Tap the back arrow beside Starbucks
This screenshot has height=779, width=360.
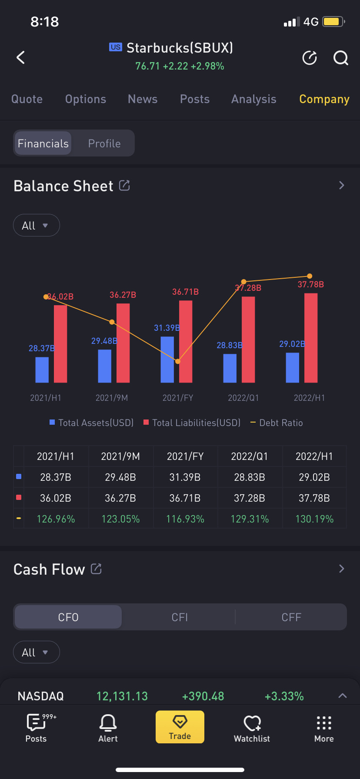pos(20,57)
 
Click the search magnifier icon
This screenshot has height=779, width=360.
pos(340,58)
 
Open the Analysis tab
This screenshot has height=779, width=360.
pos(253,99)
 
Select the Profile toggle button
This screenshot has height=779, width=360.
pos(104,143)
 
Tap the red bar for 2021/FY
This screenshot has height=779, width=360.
pos(186,341)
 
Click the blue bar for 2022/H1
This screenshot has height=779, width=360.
pos(292,367)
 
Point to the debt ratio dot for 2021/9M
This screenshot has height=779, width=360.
pos(112,322)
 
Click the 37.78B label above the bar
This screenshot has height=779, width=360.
pos(310,284)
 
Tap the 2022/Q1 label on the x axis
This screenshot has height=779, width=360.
pos(243,398)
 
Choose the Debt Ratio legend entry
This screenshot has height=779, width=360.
pos(277,423)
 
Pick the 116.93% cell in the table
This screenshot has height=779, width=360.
pos(185,519)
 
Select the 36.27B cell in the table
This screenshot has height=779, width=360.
pos(120,498)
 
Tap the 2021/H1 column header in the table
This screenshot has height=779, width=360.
pos(56,456)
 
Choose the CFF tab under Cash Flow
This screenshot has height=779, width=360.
pos(291,617)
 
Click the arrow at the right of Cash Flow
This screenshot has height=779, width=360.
pos(341,569)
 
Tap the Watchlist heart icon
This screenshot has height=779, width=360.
pos(252,723)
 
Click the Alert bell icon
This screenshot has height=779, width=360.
pos(108,723)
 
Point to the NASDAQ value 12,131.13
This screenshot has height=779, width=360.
pos(122,696)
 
